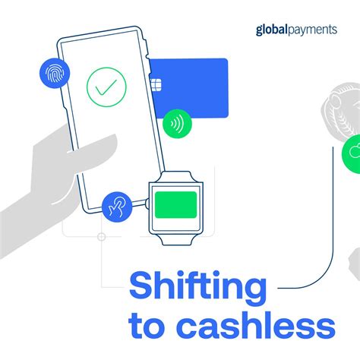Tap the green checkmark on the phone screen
pos(106,87)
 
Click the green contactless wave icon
pos(177,122)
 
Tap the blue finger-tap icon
pos(117,206)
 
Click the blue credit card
pos(194,87)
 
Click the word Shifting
pos(198,289)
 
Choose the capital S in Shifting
pos(144,289)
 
